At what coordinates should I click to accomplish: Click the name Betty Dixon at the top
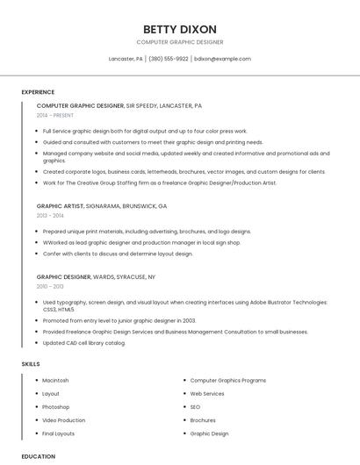click(179, 29)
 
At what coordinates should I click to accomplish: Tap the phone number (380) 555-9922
click(169, 59)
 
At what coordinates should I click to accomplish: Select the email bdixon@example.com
click(222, 59)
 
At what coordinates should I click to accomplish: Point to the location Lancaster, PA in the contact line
click(126, 59)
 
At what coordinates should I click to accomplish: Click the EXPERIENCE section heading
click(38, 92)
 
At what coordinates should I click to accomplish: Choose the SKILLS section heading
click(31, 363)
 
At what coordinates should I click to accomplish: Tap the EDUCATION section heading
click(38, 456)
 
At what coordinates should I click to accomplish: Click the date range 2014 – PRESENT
click(56, 115)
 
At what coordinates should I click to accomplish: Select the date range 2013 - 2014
click(50, 215)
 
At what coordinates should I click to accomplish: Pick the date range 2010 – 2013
click(50, 286)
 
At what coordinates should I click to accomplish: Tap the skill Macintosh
click(55, 380)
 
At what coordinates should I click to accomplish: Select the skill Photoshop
click(55, 407)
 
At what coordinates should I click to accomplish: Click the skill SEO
click(195, 407)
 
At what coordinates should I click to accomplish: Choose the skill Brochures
click(203, 420)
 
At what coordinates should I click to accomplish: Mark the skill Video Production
click(64, 420)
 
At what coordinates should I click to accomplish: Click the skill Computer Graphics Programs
click(228, 380)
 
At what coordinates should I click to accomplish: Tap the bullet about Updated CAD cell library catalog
click(84, 342)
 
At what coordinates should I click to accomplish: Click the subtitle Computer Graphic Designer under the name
click(179, 42)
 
